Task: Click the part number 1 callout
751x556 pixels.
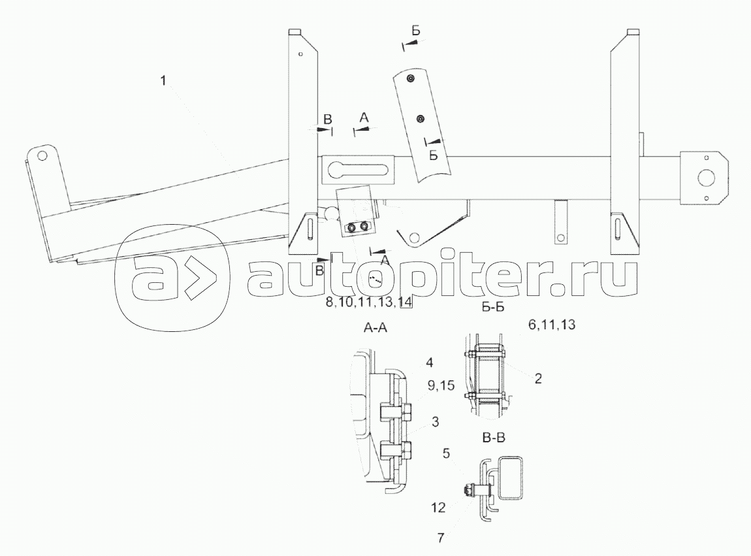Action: [x=164, y=80]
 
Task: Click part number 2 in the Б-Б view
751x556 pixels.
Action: [x=537, y=378]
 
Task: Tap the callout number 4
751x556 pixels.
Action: [x=428, y=363]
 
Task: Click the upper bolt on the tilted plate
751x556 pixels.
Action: [x=410, y=79]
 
